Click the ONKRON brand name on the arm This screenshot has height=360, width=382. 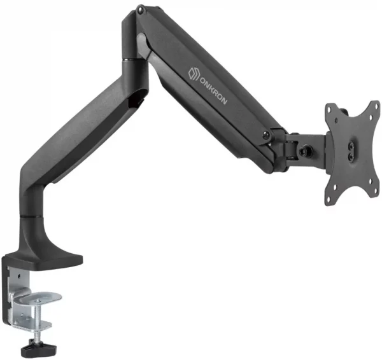point(214,90)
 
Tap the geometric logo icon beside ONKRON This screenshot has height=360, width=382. point(194,74)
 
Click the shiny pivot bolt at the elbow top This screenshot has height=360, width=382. point(140,10)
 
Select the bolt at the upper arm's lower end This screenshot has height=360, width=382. point(266,135)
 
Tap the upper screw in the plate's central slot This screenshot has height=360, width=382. point(351,145)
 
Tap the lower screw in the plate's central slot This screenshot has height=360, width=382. point(351,155)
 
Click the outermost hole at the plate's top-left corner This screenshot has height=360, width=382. point(329,109)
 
